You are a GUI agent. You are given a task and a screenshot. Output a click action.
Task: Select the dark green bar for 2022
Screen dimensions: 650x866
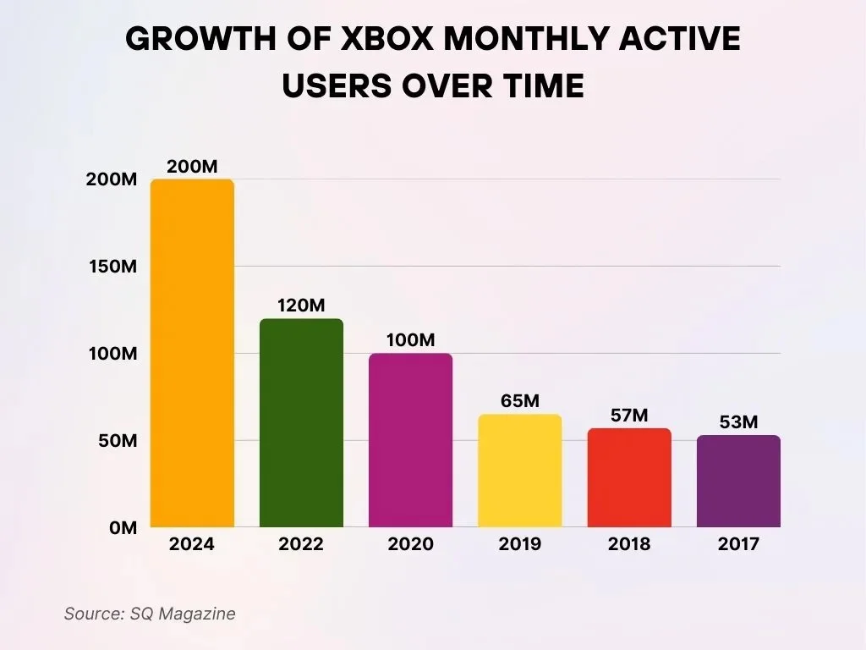tap(301, 423)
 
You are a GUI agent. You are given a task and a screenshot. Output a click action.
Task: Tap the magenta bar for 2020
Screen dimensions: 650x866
tap(410, 440)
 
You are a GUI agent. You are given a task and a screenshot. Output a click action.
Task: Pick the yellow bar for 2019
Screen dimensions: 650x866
tap(519, 471)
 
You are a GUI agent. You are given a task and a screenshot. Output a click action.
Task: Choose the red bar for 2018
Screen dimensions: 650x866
tap(629, 477)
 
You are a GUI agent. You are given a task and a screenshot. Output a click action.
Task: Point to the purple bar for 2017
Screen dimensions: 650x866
tap(738, 481)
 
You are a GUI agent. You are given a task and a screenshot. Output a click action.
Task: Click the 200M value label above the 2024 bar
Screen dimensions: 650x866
tap(192, 167)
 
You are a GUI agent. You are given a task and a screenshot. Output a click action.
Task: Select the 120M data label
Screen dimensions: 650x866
tap(301, 306)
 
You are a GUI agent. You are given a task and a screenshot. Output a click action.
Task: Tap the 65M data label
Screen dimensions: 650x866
tap(519, 401)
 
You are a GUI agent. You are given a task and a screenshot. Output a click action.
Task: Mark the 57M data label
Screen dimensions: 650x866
tap(629, 416)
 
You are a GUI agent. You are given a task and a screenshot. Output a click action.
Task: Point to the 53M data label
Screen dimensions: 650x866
tap(738, 421)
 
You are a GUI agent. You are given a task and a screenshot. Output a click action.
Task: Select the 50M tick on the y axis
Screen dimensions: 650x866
tap(114, 441)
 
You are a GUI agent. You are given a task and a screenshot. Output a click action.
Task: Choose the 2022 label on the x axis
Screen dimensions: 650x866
tap(301, 544)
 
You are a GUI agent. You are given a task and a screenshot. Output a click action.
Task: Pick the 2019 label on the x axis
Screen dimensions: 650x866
tap(519, 544)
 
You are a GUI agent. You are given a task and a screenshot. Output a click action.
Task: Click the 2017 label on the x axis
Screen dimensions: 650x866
tap(738, 544)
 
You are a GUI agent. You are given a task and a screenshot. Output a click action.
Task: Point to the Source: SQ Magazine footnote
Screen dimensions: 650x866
tap(150, 614)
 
